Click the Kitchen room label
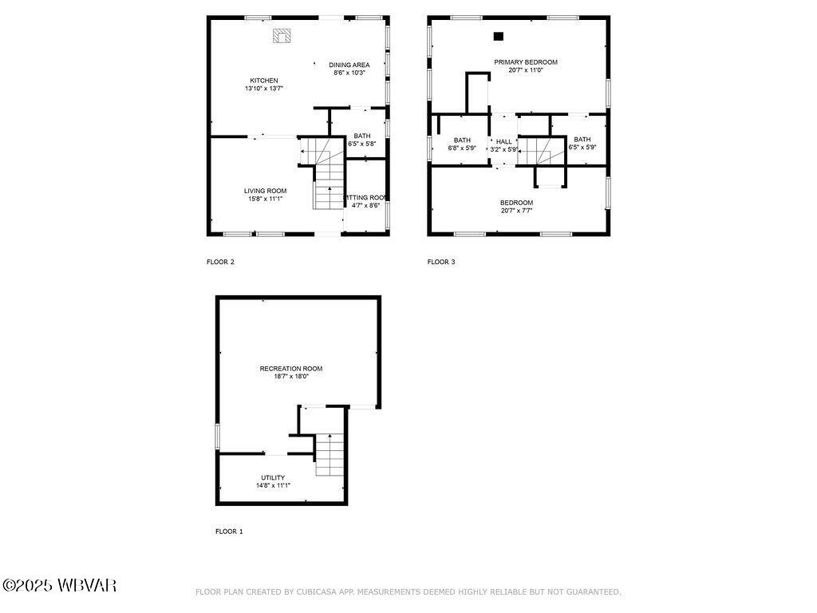[x=264, y=81]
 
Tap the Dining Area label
[x=349, y=65]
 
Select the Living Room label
[x=265, y=191]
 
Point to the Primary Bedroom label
[x=525, y=61]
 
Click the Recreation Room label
[x=290, y=369]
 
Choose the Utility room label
[x=273, y=477]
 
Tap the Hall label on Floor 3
[x=504, y=141]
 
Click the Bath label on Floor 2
[x=362, y=136]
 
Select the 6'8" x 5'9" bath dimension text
[x=462, y=148]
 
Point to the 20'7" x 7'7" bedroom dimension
[x=517, y=212]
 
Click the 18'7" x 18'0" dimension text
[x=291, y=377]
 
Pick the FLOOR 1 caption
[x=229, y=532]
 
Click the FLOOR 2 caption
[x=220, y=262]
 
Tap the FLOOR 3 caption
[x=441, y=262]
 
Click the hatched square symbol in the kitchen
[x=282, y=35]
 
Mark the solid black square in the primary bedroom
[x=499, y=36]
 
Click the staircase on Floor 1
[x=329, y=455]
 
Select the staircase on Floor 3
[x=533, y=151]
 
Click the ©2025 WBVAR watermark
[x=60, y=586]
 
